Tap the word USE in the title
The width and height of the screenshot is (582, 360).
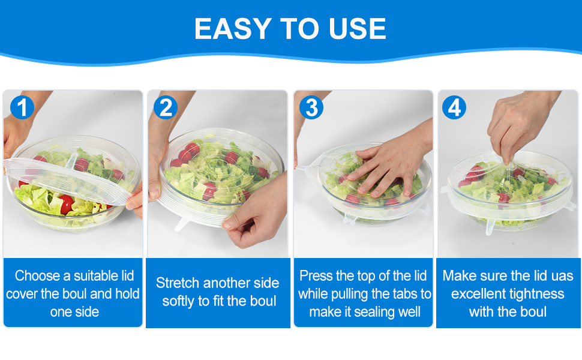pyautogui.click(x=358, y=29)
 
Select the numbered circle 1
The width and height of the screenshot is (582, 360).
pyautogui.click(x=22, y=107)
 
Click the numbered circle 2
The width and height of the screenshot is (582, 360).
pyautogui.click(x=166, y=107)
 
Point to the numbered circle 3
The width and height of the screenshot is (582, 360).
pyautogui.click(x=311, y=107)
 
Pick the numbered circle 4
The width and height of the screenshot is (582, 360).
pyautogui.click(x=454, y=107)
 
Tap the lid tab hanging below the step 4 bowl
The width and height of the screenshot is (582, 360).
pyautogui.click(x=490, y=226)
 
